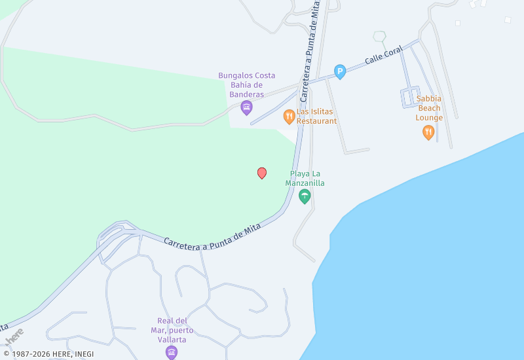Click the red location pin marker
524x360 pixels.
pos(262,173)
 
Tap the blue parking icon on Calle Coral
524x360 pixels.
pos(340,71)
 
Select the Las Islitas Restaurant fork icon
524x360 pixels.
pos(289,117)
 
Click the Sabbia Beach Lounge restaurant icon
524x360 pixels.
pos(428,132)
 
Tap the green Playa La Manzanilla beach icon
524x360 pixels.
pos(305,196)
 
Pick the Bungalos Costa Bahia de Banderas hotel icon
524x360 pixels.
pos(246,107)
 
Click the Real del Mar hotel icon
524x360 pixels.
pos(172,352)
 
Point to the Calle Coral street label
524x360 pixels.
pos(383,58)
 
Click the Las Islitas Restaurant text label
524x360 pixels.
pos(316,117)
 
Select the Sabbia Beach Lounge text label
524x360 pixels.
pos(429,109)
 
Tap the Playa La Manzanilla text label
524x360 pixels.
pos(305,178)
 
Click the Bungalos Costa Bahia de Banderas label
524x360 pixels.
pos(247,84)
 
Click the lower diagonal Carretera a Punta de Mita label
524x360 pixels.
pos(212,236)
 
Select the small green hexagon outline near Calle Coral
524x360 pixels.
pos(379,36)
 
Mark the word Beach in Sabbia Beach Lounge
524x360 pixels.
pos(429,109)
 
